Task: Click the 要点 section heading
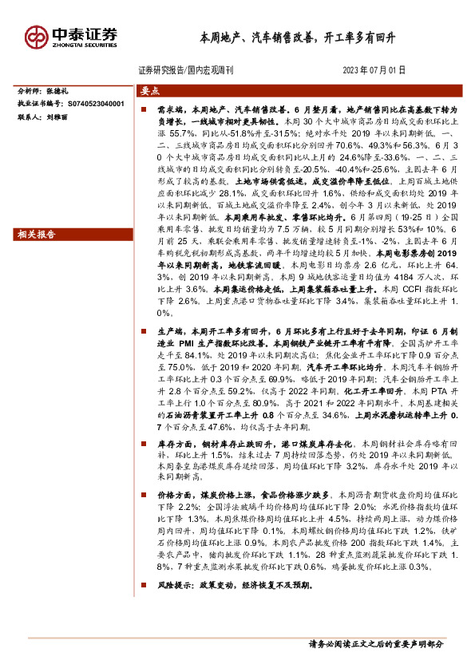tap(152, 91)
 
